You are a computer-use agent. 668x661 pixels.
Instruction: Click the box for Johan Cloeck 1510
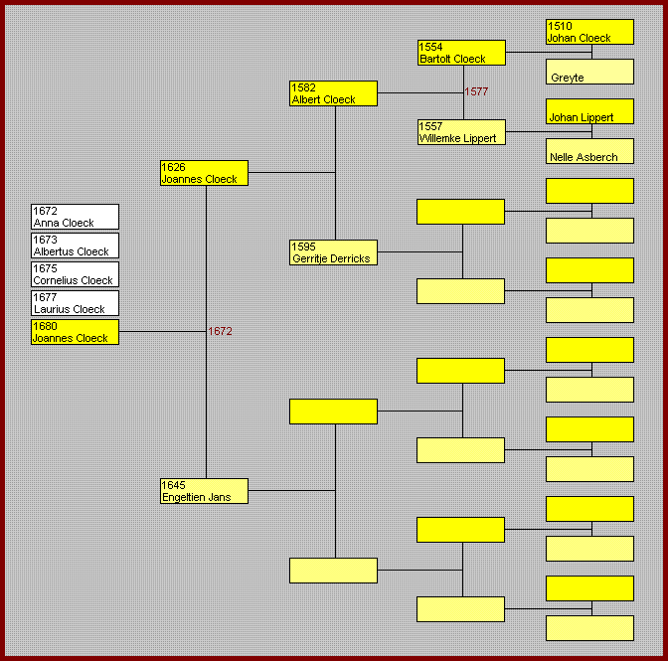(x=589, y=32)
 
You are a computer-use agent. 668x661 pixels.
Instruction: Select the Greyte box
(x=589, y=72)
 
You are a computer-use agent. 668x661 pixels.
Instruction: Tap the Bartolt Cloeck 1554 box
(x=461, y=53)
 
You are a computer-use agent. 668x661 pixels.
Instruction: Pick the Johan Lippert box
(x=589, y=111)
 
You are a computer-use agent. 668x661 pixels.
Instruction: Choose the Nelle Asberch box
(x=589, y=151)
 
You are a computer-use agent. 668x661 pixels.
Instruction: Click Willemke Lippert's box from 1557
(x=461, y=132)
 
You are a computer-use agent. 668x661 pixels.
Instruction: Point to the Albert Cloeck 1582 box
(x=333, y=93)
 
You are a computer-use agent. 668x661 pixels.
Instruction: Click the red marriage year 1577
(x=476, y=91)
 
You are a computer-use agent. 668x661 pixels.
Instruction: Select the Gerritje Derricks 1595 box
(x=333, y=252)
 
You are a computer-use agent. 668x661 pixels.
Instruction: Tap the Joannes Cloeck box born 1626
(x=204, y=173)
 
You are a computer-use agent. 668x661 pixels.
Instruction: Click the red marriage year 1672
(x=220, y=331)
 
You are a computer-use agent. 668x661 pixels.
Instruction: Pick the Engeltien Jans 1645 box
(x=204, y=491)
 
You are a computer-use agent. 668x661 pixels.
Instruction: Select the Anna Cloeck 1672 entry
(x=75, y=217)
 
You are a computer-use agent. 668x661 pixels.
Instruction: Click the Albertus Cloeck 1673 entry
(x=75, y=246)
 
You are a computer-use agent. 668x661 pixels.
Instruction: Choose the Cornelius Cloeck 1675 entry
(x=75, y=274)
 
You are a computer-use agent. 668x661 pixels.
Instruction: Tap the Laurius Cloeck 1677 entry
(x=75, y=303)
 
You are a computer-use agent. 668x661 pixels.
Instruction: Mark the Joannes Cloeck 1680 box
(x=75, y=332)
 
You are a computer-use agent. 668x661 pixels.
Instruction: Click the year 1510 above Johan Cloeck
(x=560, y=26)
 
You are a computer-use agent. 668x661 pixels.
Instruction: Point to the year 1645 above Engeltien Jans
(x=173, y=485)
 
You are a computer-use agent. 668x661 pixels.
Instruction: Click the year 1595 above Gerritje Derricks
(x=303, y=247)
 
